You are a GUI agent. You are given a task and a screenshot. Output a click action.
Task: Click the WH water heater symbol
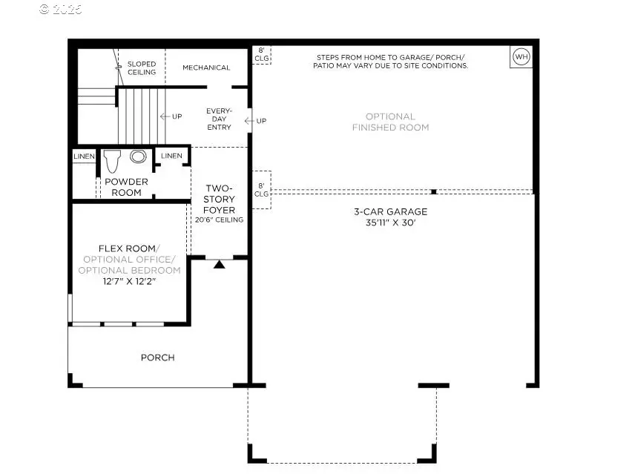521,57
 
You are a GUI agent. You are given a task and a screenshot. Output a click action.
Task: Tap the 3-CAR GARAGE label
390,211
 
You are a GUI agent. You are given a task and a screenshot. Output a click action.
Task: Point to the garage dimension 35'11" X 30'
390,223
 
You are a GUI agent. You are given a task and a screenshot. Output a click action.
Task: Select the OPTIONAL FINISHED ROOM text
390,122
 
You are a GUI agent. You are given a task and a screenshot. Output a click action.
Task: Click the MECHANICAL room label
206,68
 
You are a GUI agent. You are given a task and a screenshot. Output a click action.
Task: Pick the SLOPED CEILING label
142,68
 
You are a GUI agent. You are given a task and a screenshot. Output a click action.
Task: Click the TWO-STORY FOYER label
219,199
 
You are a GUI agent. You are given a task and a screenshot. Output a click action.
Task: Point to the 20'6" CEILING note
219,220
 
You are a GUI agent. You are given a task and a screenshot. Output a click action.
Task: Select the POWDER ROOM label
126,187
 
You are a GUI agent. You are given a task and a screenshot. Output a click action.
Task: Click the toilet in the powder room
113,160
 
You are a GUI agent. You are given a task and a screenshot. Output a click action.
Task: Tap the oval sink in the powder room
138,157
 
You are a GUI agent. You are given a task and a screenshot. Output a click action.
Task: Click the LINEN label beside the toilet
83,156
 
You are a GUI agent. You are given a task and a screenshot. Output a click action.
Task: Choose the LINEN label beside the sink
171,156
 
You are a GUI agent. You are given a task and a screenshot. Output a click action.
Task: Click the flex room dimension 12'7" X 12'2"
129,281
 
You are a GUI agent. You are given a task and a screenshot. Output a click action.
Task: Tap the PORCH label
158,358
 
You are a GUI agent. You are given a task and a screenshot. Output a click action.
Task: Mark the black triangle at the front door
219,264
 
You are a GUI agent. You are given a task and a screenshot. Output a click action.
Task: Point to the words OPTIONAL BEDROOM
131,270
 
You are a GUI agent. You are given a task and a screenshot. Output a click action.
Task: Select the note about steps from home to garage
392,62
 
